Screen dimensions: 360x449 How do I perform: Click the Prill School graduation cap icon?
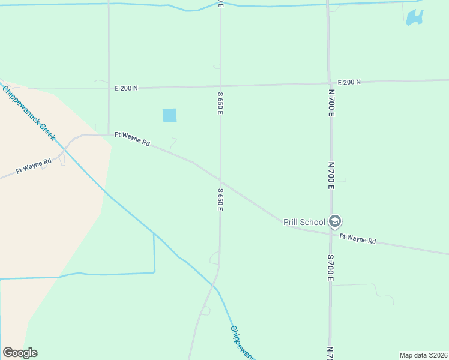tap(335, 222)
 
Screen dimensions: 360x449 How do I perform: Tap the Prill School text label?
tap(304, 222)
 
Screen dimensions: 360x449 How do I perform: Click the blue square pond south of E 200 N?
tap(170, 115)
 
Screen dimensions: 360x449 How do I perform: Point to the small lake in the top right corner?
tap(414, 17)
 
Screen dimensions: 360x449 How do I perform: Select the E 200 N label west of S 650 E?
tap(127, 88)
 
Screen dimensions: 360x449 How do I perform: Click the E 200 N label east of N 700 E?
tap(349, 82)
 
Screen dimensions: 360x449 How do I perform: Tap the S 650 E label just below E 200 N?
tap(221, 103)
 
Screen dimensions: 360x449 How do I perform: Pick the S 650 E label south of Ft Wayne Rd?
tap(221, 199)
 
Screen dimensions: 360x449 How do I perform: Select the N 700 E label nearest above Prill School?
tap(331, 175)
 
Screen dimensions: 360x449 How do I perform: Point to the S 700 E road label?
tap(331, 268)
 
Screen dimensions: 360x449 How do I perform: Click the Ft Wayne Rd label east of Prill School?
tap(357, 239)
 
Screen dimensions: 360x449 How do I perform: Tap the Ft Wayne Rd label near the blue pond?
tap(132, 139)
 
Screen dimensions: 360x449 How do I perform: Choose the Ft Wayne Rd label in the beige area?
tap(33, 166)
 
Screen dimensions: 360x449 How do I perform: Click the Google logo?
tap(20, 353)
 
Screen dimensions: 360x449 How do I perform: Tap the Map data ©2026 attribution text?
tap(424, 355)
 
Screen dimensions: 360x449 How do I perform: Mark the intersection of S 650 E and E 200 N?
tap(220, 86)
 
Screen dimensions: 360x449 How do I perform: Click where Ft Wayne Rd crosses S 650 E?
tap(220, 182)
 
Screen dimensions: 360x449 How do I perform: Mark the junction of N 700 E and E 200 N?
tap(329, 83)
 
